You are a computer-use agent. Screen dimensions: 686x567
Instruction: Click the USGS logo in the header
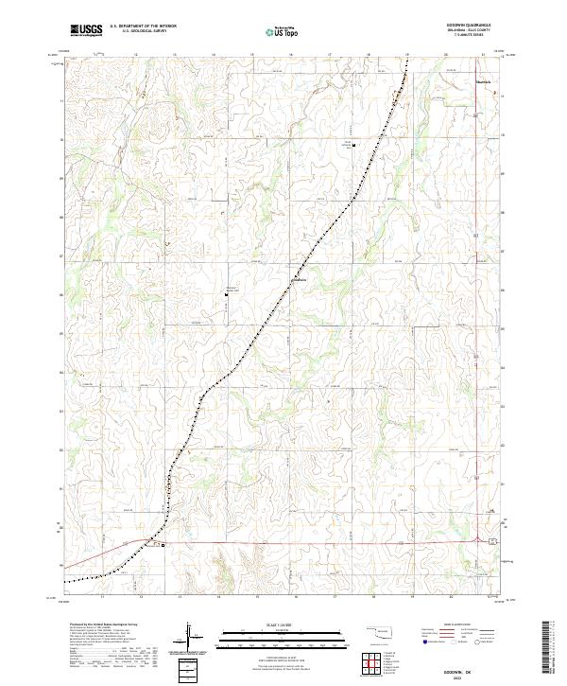point(87,30)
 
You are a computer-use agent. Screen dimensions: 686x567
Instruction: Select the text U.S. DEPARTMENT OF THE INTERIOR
point(143,26)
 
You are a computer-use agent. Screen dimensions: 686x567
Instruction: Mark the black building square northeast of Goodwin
point(353,145)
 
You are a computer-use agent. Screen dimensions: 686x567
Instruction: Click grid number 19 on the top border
point(407,55)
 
